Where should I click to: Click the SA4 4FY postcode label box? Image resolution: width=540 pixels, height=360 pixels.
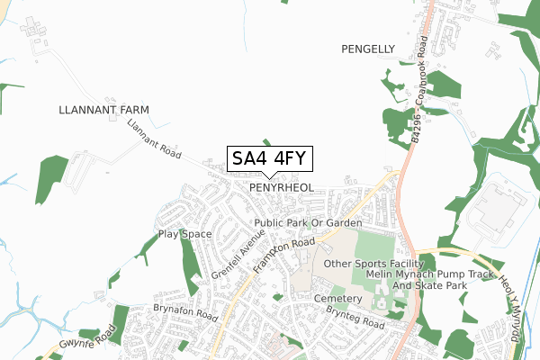[269, 158]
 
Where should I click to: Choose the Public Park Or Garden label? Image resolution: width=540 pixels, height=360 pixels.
[308, 222]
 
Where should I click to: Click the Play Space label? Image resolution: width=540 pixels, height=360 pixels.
[184, 234]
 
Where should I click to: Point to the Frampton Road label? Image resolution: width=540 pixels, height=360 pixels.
[283, 256]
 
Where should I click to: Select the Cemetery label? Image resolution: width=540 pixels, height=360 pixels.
[338, 298]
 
